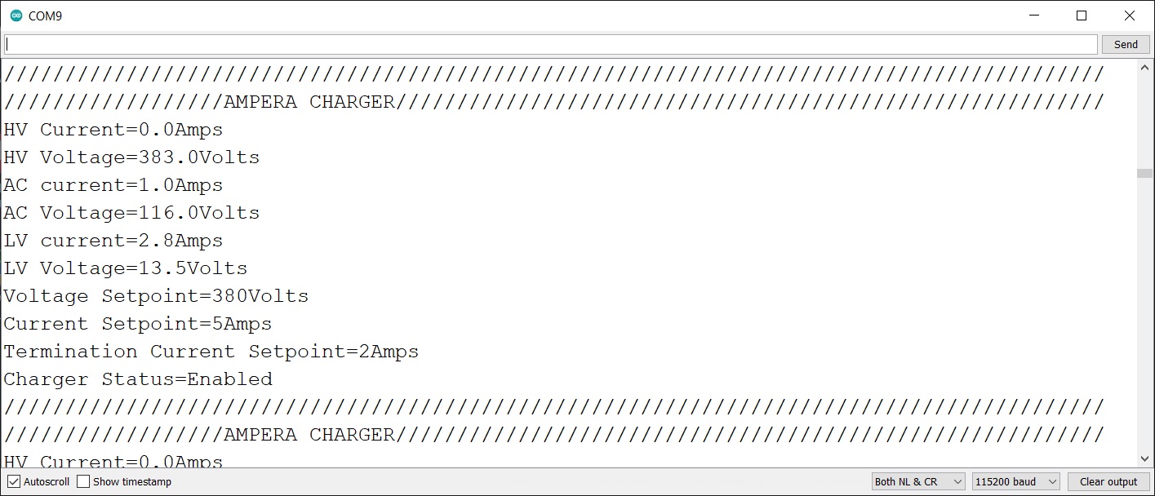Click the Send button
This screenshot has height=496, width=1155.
click(1125, 45)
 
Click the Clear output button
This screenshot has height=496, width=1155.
click(1108, 481)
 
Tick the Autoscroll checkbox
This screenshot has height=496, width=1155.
click(14, 481)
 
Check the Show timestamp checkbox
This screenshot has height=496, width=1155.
click(83, 481)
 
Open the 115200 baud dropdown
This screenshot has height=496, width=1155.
click(1015, 481)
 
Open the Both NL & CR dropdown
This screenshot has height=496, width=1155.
click(918, 481)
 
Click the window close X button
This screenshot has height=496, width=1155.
click(1129, 15)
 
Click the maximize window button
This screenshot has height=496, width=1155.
click(1082, 15)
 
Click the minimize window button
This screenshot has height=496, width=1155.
click(1034, 15)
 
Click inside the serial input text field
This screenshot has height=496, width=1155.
click(550, 44)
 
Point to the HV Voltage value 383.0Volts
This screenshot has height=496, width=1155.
click(199, 157)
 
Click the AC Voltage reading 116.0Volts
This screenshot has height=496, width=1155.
click(199, 213)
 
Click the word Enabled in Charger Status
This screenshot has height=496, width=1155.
click(229, 379)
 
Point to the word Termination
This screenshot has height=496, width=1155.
click(71, 352)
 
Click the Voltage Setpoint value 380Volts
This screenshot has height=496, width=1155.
click(260, 296)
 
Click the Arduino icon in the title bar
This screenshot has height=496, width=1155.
click(16, 15)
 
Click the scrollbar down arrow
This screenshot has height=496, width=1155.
click(1145, 458)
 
